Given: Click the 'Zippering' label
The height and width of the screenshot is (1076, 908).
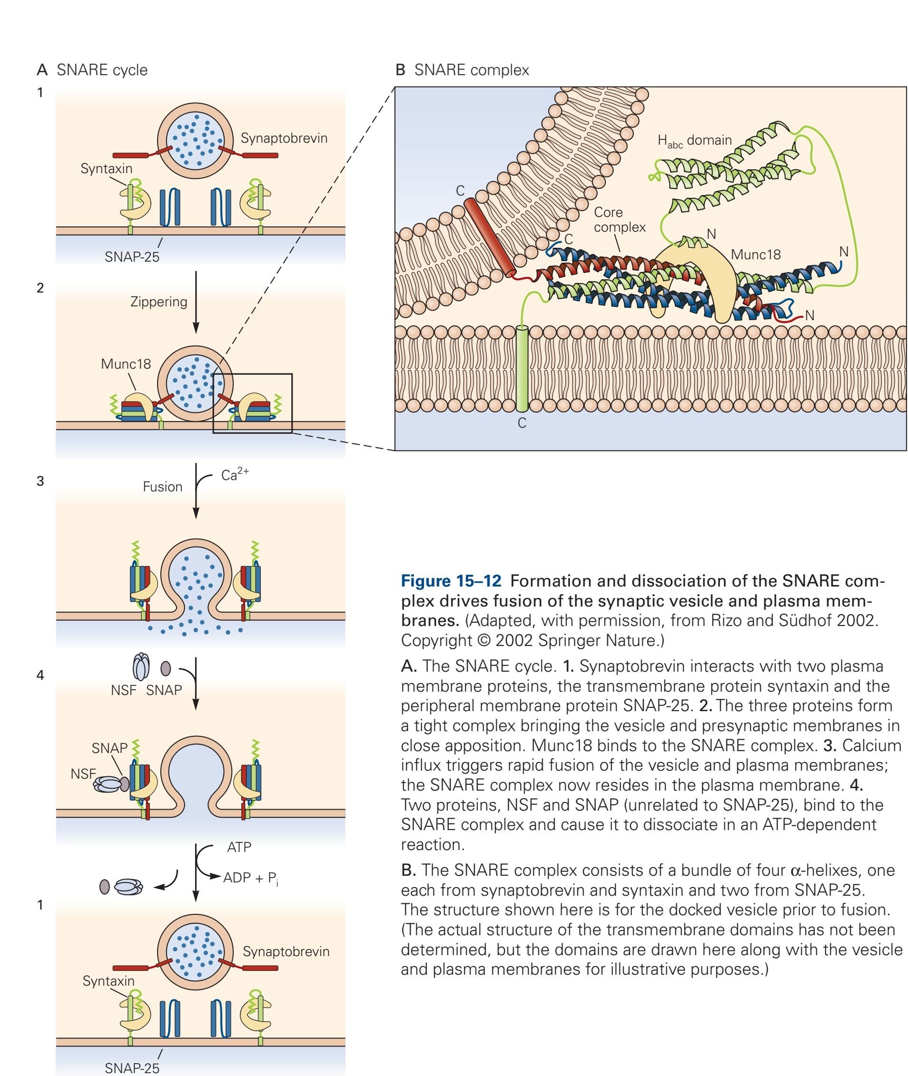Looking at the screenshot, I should pos(158,302).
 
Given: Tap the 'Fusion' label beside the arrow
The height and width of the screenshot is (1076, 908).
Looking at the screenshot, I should pos(162,487).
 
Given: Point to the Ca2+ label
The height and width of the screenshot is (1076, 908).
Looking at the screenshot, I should pos(234,474).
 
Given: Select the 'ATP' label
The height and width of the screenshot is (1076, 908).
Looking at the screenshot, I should pos(239,847).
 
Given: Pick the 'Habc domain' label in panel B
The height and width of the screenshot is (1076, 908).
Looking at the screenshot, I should pos(694,140).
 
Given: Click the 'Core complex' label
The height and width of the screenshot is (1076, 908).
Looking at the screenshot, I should pos(619,220).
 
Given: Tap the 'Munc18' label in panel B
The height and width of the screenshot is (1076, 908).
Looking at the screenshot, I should pos(755,254).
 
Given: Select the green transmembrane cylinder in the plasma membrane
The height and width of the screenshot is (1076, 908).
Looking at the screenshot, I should pos(522,369).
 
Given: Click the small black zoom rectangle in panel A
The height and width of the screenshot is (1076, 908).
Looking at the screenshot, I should pos(252,403).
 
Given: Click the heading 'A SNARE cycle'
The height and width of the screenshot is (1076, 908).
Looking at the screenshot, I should pos(92,70).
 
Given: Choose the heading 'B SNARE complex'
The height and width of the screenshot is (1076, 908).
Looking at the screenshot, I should pos(462,70).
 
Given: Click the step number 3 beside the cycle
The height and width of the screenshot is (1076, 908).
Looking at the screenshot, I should pos(40,481).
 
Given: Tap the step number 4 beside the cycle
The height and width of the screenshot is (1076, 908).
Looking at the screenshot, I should pos(40,675).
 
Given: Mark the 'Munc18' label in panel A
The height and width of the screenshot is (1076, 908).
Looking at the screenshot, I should pos(126,364).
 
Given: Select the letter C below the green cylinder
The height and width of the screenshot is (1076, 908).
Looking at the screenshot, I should pos(522,423).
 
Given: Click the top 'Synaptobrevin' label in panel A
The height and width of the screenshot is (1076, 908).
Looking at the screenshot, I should pos(284,138).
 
